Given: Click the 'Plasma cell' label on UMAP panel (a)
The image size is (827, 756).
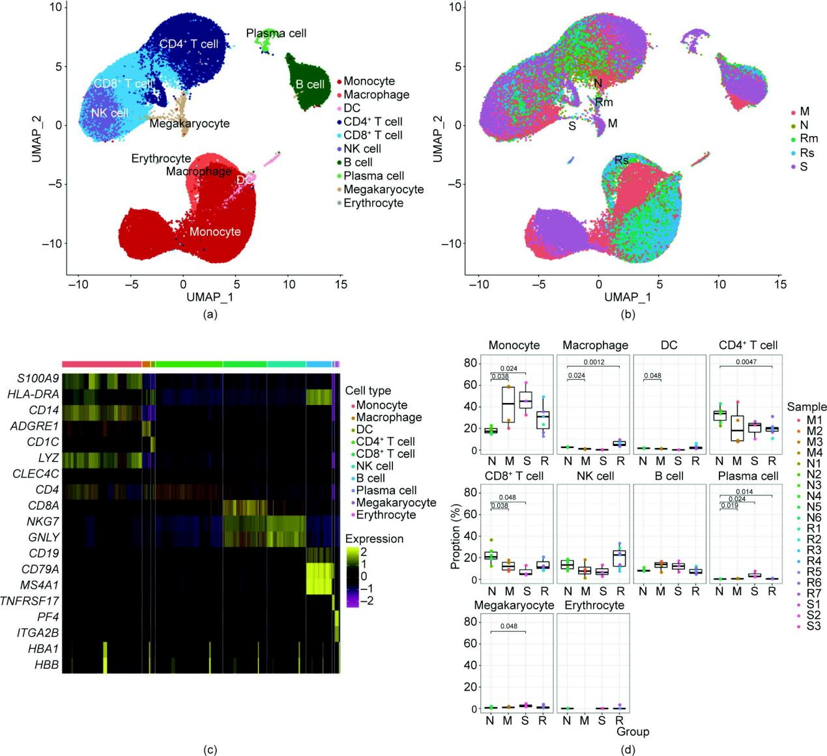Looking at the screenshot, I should pyautogui.click(x=276, y=33).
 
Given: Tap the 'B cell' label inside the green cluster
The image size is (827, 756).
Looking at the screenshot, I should pyautogui.click(x=310, y=85).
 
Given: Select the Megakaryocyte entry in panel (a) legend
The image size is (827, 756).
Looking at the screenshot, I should pyautogui.click(x=383, y=189).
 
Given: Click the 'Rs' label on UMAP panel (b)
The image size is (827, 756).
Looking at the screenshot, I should pyautogui.click(x=622, y=160).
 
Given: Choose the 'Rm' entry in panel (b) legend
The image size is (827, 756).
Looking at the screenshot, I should pyautogui.click(x=809, y=139).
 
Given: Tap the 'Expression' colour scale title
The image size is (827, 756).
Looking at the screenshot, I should pyautogui.click(x=374, y=539).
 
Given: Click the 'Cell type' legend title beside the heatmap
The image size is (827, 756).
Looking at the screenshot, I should pyautogui.click(x=368, y=391).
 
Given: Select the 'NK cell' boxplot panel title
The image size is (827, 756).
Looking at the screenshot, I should pyautogui.click(x=595, y=476).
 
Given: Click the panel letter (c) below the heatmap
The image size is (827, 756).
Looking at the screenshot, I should pyautogui.click(x=210, y=749).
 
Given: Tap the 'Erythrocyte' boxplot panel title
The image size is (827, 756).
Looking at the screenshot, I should pyautogui.click(x=594, y=606).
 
